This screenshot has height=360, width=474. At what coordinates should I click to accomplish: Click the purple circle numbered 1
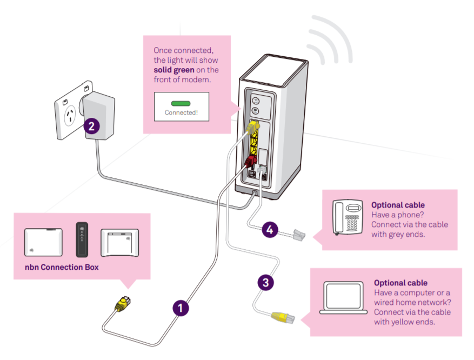pyautogui.click(x=181, y=308)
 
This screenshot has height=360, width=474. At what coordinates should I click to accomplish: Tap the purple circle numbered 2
pyautogui.click(x=91, y=126)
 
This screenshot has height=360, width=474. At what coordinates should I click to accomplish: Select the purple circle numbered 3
pyautogui.click(x=264, y=282)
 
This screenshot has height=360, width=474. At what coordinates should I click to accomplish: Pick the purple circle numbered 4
pyautogui.click(x=270, y=230)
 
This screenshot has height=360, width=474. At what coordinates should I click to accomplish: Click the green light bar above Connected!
pyautogui.click(x=181, y=103)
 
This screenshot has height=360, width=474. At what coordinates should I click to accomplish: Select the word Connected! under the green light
pyautogui.click(x=181, y=112)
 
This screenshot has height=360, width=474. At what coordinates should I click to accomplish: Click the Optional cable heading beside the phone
pyautogui.click(x=398, y=205)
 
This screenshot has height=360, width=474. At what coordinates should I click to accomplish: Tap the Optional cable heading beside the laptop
pyautogui.click(x=400, y=283)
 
